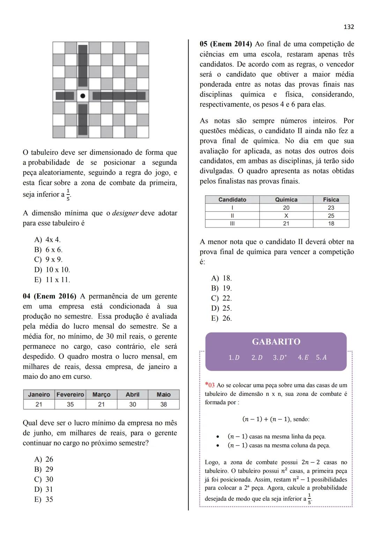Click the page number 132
pyautogui.click(x=349, y=27)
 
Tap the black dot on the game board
pyautogui.click(x=83, y=96)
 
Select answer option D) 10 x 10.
pyautogui.click(x=52, y=270)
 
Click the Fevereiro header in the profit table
pyautogui.click(x=70, y=394)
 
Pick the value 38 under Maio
pyautogui.click(x=163, y=404)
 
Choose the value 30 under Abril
pyautogui.click(x=133, y=404)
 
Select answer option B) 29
pyautogui.click(x=44, y=469)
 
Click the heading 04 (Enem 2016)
pyautogui.click(x=49, y=296)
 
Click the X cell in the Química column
pyautogui.click(x=286, y=216)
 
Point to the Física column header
pyautogui.click(x=331, y=200)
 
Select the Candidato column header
pyautogui.click(x=232, y=200)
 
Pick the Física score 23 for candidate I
pyautogui.click(x=331, y=208)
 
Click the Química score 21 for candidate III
pyautogui.click(x=286, y=224)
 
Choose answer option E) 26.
pyautogui.click(x=222, y=318)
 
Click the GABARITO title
pyautogui.click(x=276, y=342)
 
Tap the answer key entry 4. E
pyautogui.click(x=303, y=357)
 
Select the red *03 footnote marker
pyautogui.click(x=210, y=385)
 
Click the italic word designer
pyautogui.click(x=125, y=213)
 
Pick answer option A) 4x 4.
pyautogui.click(x=47, y=240)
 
